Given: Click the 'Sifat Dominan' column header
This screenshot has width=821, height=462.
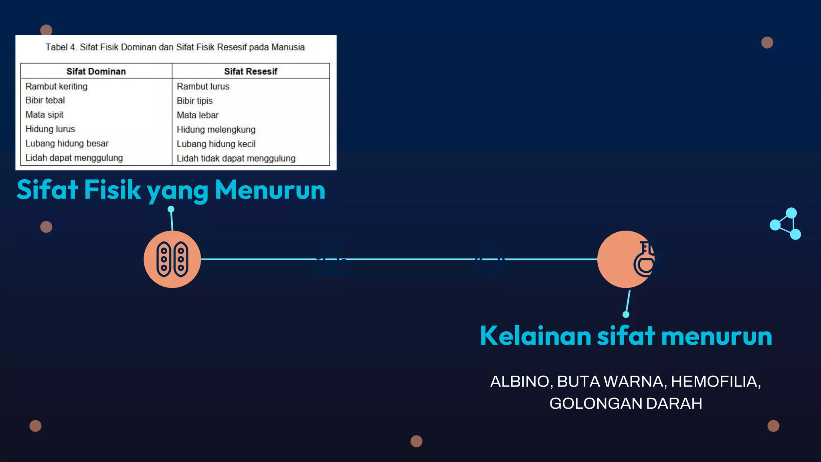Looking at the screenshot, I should (x=96, y=71).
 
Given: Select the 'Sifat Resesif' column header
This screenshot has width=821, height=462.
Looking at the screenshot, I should (x=251, y=71).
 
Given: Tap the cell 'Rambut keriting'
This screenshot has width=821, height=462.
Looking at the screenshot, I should (x=57, y=86).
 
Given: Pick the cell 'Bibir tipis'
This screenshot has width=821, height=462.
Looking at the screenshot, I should (x=195, y=101).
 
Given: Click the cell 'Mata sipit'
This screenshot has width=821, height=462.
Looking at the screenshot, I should (x=44, y=115).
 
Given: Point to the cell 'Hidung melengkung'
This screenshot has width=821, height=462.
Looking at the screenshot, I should (x=216, y=130).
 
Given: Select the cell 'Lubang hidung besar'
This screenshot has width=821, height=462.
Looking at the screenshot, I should (x=67, y=144).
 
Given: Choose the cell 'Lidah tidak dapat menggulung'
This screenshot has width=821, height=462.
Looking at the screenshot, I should (x=236, y=158).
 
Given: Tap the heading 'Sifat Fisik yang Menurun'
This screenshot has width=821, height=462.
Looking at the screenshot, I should (x=171, y=190).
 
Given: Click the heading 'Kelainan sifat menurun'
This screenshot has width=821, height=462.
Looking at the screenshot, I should (x=626, y=336).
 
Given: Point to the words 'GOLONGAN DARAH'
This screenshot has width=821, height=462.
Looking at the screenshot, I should (x=626, y=403).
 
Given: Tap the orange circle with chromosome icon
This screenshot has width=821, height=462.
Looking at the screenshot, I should (x=172, y=259).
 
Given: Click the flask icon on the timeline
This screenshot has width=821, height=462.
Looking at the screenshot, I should (x=645, y=259).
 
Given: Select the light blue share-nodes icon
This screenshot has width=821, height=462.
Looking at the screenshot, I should (x=786, y=224).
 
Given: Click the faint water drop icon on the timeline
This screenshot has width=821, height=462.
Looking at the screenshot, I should (x=489, y=260).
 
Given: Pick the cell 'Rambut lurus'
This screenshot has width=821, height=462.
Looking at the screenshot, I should (x=203, y=86).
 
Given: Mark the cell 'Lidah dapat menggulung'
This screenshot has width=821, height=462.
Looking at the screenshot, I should (x=74, y=158).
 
